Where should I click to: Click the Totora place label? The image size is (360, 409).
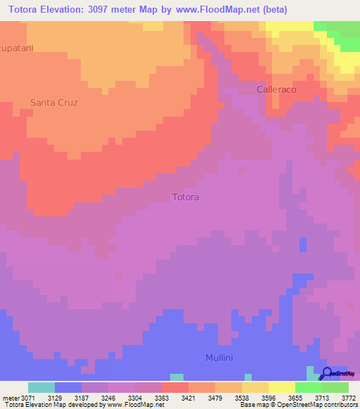186,197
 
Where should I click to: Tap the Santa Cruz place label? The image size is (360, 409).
53,103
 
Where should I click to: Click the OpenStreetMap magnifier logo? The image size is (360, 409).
327,373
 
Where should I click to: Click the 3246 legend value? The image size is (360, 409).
108,397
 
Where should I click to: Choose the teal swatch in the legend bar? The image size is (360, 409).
41,387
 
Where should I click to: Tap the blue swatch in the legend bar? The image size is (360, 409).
68,387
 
